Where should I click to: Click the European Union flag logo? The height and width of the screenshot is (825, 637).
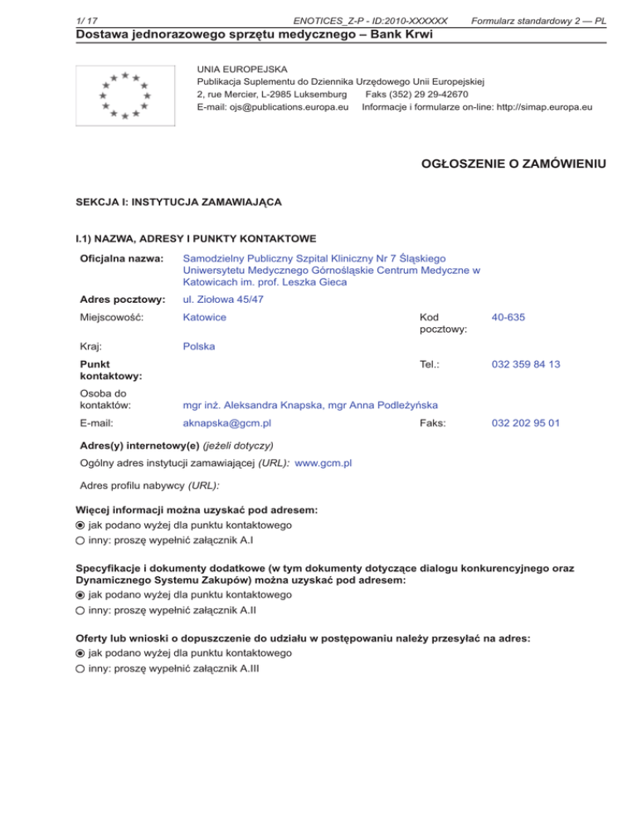(x=124, y=95)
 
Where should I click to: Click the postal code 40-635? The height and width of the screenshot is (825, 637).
(x=508, y=317)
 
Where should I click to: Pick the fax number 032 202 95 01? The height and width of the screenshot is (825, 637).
(x=525, y=422)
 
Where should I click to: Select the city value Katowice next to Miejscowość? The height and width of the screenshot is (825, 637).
(x=205, y=317)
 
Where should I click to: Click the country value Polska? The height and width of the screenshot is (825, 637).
(x=198, y=346)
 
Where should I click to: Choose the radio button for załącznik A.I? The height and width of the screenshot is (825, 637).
(x=80, y=540)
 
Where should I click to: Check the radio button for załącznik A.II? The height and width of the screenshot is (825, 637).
(x=80, y=610)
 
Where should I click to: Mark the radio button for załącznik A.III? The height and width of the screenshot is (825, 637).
(x=80, y=669)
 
